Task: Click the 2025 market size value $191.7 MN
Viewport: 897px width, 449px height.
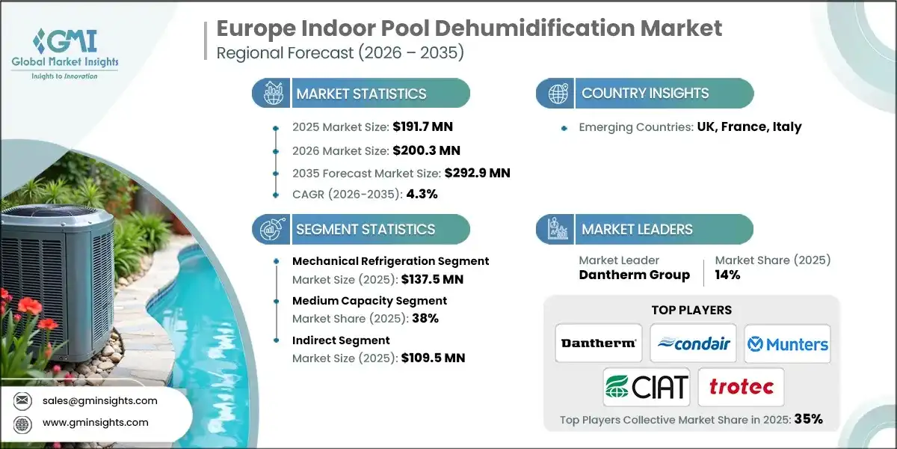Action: pos(422,126)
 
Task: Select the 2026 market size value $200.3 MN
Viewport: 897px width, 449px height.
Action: pos(422,150)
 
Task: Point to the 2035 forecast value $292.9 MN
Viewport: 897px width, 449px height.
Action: pos(477,173)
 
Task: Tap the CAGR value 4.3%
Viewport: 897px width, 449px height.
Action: pos(422,194)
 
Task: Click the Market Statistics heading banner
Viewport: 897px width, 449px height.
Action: pos(361,94)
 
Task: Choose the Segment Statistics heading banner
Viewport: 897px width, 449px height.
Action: pos(361,229)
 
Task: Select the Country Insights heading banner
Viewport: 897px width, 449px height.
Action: pos(644,94)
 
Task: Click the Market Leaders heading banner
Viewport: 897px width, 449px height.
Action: pos(644,229)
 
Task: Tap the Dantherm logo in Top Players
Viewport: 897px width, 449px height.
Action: pos(599,343)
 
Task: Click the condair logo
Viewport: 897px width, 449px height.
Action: pos(693,343)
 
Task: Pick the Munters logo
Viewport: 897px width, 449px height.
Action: pos(787,343)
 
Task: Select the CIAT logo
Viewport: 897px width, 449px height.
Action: pos(646,387)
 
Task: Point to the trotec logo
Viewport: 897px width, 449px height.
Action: pos(740,387)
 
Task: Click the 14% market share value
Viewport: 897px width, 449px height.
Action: pos(727,275)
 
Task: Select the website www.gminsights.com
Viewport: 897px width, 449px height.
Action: pos(94,422)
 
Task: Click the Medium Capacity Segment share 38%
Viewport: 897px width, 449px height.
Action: pos(424,318)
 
